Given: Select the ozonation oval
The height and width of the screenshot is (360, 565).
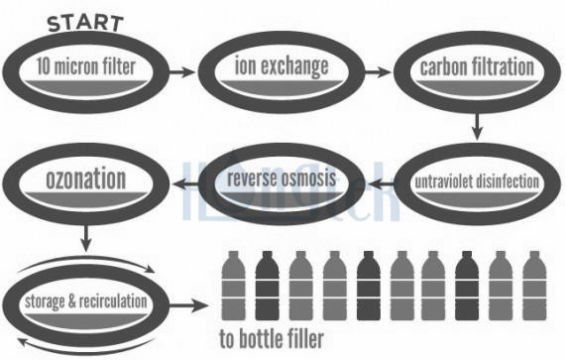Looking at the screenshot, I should click(x=86, y=182).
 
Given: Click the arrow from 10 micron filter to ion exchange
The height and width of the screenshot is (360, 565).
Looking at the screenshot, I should click(x=181, y=71).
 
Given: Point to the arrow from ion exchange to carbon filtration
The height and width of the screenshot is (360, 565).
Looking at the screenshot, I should click(x=378, y=71).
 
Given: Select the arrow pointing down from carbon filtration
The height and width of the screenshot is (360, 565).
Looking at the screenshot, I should click(x=477, y=126).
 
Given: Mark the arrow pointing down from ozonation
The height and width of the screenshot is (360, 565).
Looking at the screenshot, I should click(x=86, y=239).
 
